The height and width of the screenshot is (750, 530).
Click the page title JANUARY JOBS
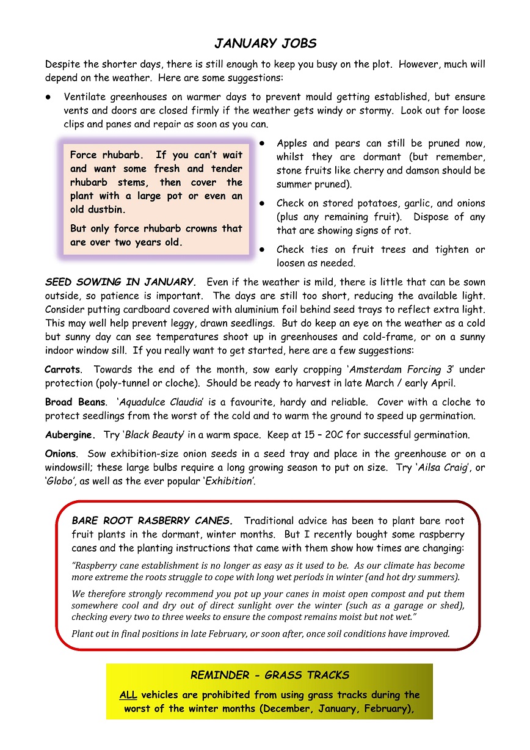265,43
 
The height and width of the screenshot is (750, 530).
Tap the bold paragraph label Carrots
62,370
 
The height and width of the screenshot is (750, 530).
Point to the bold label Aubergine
70,435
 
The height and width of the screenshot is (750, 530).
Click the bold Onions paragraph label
61,454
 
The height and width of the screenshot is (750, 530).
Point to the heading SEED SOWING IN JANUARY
120,282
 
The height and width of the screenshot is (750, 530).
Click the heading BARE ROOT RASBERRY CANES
152,521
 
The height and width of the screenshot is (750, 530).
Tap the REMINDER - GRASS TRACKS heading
270,675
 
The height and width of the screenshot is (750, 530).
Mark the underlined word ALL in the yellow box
128,695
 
